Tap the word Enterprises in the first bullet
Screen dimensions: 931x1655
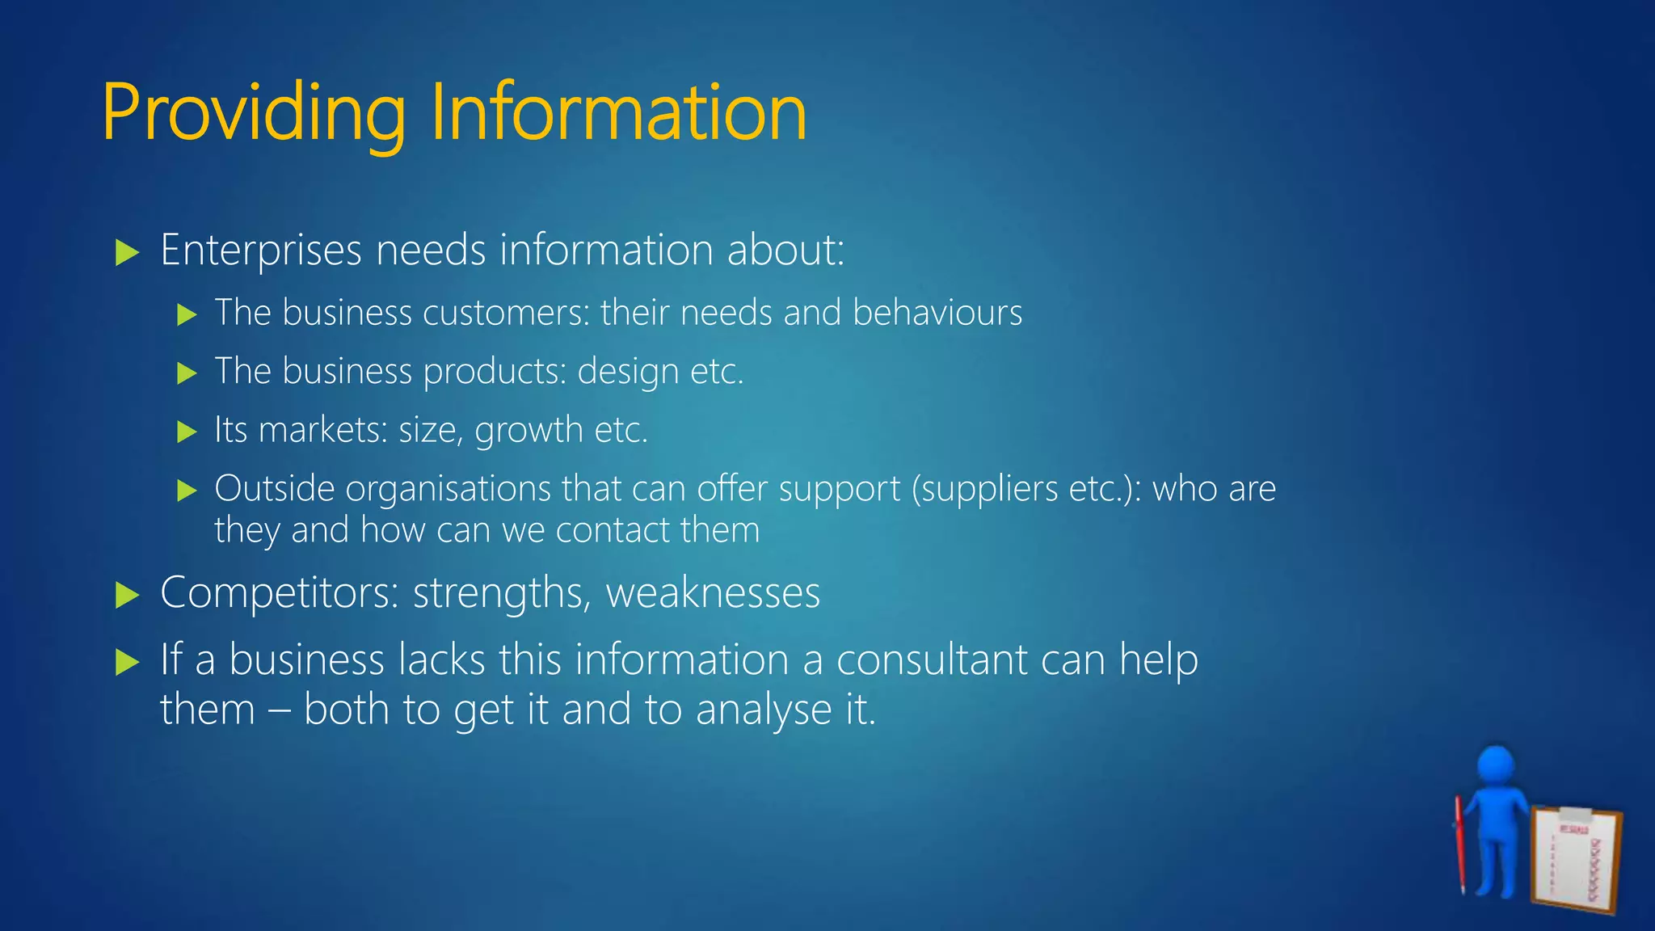pyautogui.click(x=260, y=250)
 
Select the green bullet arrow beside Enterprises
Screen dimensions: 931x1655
pyautogui.click(x=127, y=252)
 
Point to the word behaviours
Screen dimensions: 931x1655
pyautogui.click(x=937, y=313)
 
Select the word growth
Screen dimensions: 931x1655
pyautogui.click(x=529, y=431)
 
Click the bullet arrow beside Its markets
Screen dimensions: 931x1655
pyautogui.click(x=187, y=432)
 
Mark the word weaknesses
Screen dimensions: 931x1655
pyautogui.click(x=713, y=592)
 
